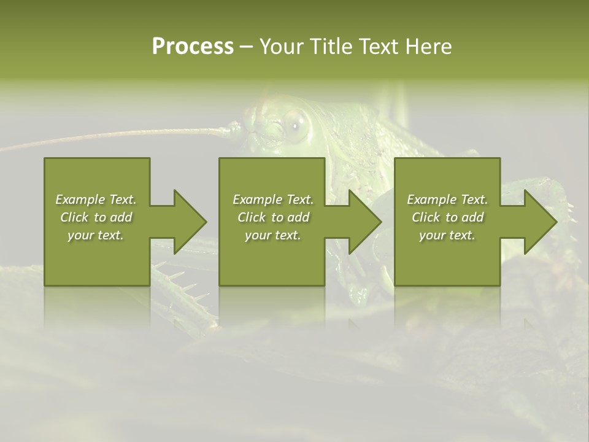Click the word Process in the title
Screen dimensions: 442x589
[193, 47]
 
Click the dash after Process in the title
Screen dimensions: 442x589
[246, 47]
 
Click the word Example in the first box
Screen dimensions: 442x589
[81, 200]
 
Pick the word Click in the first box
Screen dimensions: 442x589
[74, 217]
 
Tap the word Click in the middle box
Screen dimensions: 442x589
[252, 217]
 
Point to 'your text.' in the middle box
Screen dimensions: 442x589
[272, 235]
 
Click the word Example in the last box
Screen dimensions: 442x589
[433, 200]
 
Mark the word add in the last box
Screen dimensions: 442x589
[472, 217]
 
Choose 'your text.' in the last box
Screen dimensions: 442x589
[447, 235]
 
